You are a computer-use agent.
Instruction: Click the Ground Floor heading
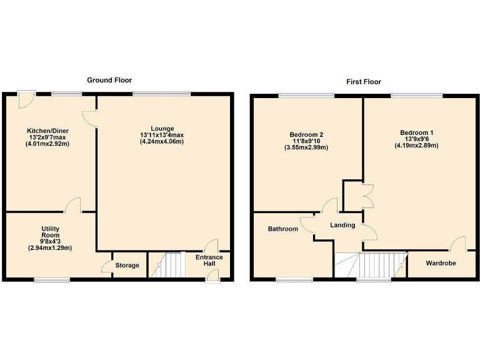click(x=109, y=80)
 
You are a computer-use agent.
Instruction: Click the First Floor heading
click(x=364, y=82)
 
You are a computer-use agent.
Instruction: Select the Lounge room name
click(x=162, y=128)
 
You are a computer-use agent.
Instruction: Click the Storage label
click(x=127, y=266)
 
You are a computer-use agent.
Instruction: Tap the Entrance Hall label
click(x=209, y=261)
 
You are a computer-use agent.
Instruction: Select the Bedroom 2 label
click(x=306, y=134)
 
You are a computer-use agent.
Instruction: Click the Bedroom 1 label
click(x=416, y=132)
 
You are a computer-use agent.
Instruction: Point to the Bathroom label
click(x=282, y=229)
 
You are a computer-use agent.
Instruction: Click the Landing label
click(x=342, y=225)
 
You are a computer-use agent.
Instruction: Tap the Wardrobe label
click(x=441, y=263)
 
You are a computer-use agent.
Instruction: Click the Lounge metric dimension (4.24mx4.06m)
click(x=162, y=142)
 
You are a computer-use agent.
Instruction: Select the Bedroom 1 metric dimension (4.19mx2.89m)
click(x=416, y=146)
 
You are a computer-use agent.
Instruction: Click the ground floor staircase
click(x=168, y=265)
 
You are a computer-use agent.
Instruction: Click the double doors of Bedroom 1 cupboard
click(x=366, y=196)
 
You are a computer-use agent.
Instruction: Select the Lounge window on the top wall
click(x=161, y=94)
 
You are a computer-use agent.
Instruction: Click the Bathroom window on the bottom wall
click(x=294, y=279)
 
